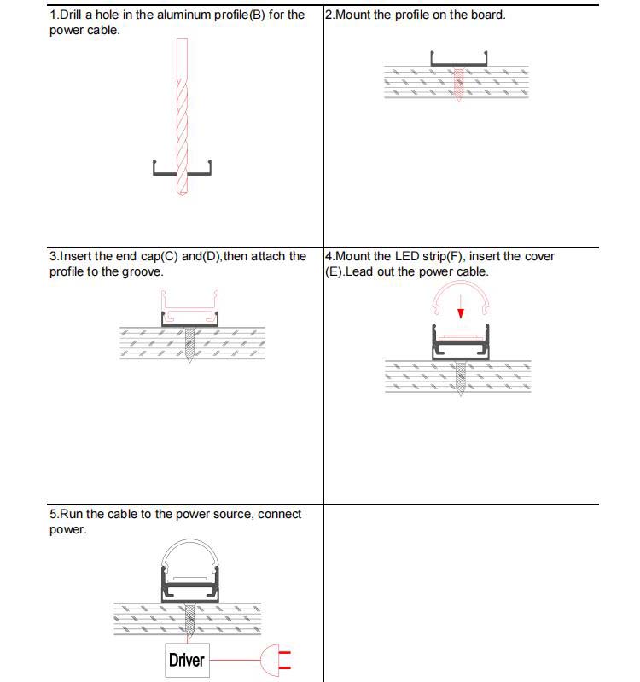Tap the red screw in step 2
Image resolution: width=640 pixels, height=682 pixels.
[459, 85]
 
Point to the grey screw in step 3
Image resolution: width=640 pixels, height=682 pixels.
[189, 346]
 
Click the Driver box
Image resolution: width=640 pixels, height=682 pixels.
[186, 660]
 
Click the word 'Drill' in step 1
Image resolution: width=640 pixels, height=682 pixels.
[69, 15]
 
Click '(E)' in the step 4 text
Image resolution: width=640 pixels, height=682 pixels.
[334, 271]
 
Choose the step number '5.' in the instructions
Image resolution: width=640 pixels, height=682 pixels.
[54, 514]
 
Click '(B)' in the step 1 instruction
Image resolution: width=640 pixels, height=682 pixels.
[257, 15]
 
